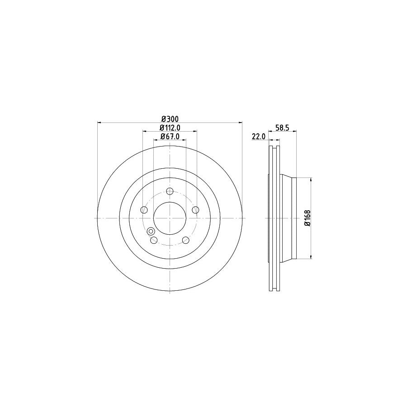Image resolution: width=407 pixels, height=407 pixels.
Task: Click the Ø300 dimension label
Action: (x=170, y=118)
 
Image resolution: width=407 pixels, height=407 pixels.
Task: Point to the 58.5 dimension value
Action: (x=282, y=128)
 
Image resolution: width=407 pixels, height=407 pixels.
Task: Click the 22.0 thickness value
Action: (x=258, y=137)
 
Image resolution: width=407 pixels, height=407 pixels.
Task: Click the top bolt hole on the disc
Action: (x=170, y=191)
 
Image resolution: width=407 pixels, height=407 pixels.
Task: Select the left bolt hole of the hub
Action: (x=144, y=210)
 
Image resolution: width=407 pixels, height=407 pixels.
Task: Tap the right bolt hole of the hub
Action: (x=195, y=210)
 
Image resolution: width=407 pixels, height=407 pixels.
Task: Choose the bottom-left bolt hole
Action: (x=154, y=240)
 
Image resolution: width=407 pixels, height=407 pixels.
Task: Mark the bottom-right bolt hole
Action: (x=185, y=240)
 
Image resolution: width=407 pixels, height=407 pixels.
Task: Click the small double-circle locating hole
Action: (x=151, y=232)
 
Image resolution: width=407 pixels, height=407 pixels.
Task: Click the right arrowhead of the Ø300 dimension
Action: (x=240, y=122)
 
